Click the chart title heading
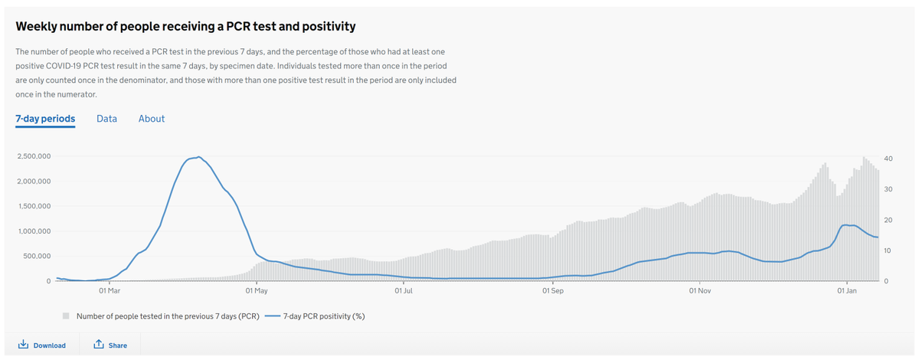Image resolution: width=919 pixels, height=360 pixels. click(x=185, y=27)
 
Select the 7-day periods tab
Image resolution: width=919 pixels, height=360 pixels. click(x=45, y=119)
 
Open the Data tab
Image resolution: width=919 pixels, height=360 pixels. click(x=106, y=119)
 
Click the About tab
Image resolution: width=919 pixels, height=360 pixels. click(x=152, y=119)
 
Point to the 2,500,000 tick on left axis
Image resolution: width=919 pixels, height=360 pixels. click(x=33, y=156)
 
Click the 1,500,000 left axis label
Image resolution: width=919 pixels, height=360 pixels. click(x=33, y=206)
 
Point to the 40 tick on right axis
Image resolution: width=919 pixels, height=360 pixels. click(x=888, y=159)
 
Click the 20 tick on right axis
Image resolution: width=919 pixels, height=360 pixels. click(x=888, y=220)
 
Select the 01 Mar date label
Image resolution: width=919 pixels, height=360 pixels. click(x=110, y=291)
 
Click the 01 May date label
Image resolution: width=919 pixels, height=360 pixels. click(x=257, y=291)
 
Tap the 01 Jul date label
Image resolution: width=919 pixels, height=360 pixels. click(x=404, y=291)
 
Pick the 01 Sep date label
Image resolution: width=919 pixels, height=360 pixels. click(x=552, y=291)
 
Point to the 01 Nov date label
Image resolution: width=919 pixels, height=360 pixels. click(x=700, y=291)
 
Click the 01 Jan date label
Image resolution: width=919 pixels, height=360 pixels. click(x=847, y=291)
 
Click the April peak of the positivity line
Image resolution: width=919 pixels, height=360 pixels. click(x=199, y=157)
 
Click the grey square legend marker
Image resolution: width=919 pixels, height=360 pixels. click(x=66, y=316)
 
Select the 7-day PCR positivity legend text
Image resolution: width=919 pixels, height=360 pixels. click(x=323, y=316)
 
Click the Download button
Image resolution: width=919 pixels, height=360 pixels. click(x=41, y=345)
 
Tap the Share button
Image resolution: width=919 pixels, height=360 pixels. click(x=110, y=345)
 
